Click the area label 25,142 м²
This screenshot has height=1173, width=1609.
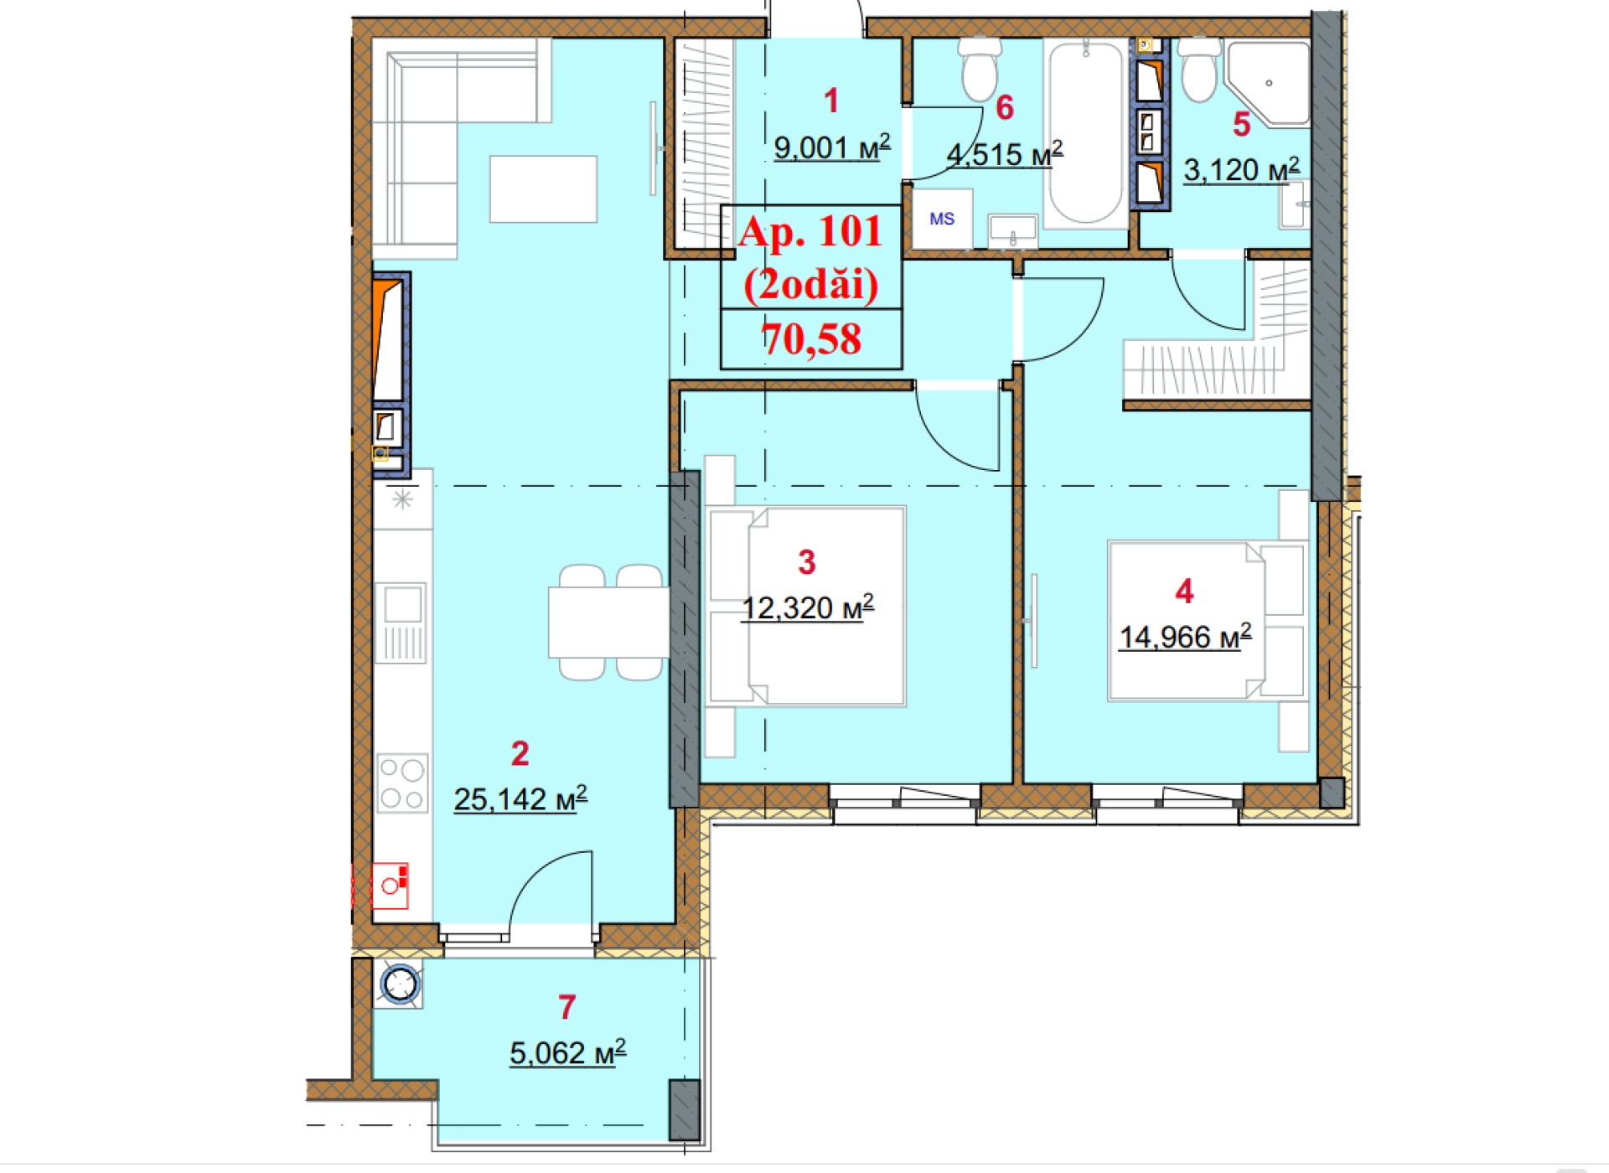[520, 799]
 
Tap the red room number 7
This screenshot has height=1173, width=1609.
[567, 1007]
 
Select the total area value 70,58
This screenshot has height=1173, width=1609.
[811, 339]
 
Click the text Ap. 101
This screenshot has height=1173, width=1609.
[810, 231]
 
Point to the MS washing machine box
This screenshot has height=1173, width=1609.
[942, 219]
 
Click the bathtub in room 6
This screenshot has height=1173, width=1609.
[1086, 133]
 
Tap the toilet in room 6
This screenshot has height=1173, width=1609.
[980, 70]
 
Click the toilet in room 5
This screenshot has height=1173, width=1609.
[1200, 70]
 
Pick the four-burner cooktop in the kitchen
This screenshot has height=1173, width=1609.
[401, 783]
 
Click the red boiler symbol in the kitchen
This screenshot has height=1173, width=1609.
[390, 886]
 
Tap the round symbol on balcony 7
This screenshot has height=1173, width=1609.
[399, 984]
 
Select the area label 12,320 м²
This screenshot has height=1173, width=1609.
[808, 607]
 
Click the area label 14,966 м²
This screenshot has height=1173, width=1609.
[1186, 637]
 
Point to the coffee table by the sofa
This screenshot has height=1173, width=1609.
[543, 189]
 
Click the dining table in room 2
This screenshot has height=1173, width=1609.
[608, 623]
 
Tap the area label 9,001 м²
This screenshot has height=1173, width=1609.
[832, 147]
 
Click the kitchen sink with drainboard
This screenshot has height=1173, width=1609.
[401, 623]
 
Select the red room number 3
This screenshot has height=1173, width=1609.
[807, 562]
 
